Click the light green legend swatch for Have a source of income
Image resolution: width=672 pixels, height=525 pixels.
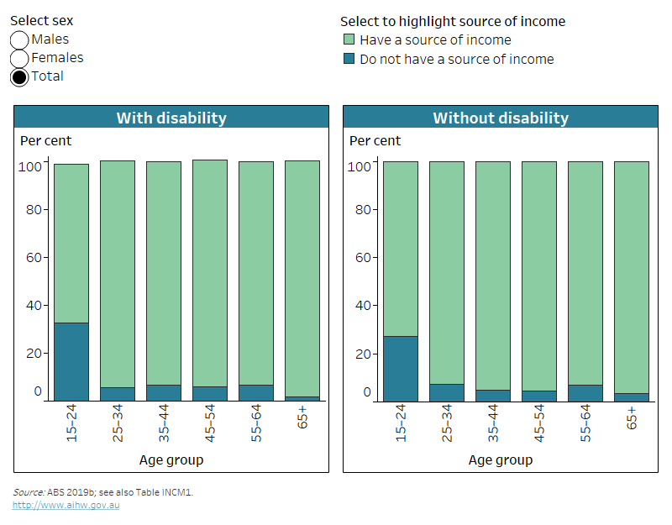pos(349,40)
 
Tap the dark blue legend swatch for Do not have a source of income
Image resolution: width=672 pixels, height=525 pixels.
pos(349,60)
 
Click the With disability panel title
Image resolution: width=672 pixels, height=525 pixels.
pos(171,118)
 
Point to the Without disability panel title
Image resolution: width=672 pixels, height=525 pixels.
pos(500,118)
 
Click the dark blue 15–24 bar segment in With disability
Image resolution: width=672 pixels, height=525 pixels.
pos(71,361)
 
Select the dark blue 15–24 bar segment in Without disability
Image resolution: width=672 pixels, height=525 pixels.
pos(400,368)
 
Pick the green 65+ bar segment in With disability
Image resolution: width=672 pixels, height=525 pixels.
pos(302,277)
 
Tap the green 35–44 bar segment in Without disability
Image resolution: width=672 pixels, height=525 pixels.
pos(492,276)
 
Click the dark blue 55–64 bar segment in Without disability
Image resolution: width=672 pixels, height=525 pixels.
pos(585,392)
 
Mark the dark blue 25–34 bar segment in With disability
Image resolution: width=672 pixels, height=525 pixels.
pos(118,393)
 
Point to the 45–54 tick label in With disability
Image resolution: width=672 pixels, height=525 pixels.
pos(210,425)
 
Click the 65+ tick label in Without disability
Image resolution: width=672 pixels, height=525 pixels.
pos(631,417)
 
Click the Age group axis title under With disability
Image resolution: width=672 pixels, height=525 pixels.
pos(171,459)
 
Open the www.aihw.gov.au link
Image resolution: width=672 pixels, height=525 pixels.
pos(66,505)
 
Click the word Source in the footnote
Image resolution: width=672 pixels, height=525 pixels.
pos(29,492)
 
